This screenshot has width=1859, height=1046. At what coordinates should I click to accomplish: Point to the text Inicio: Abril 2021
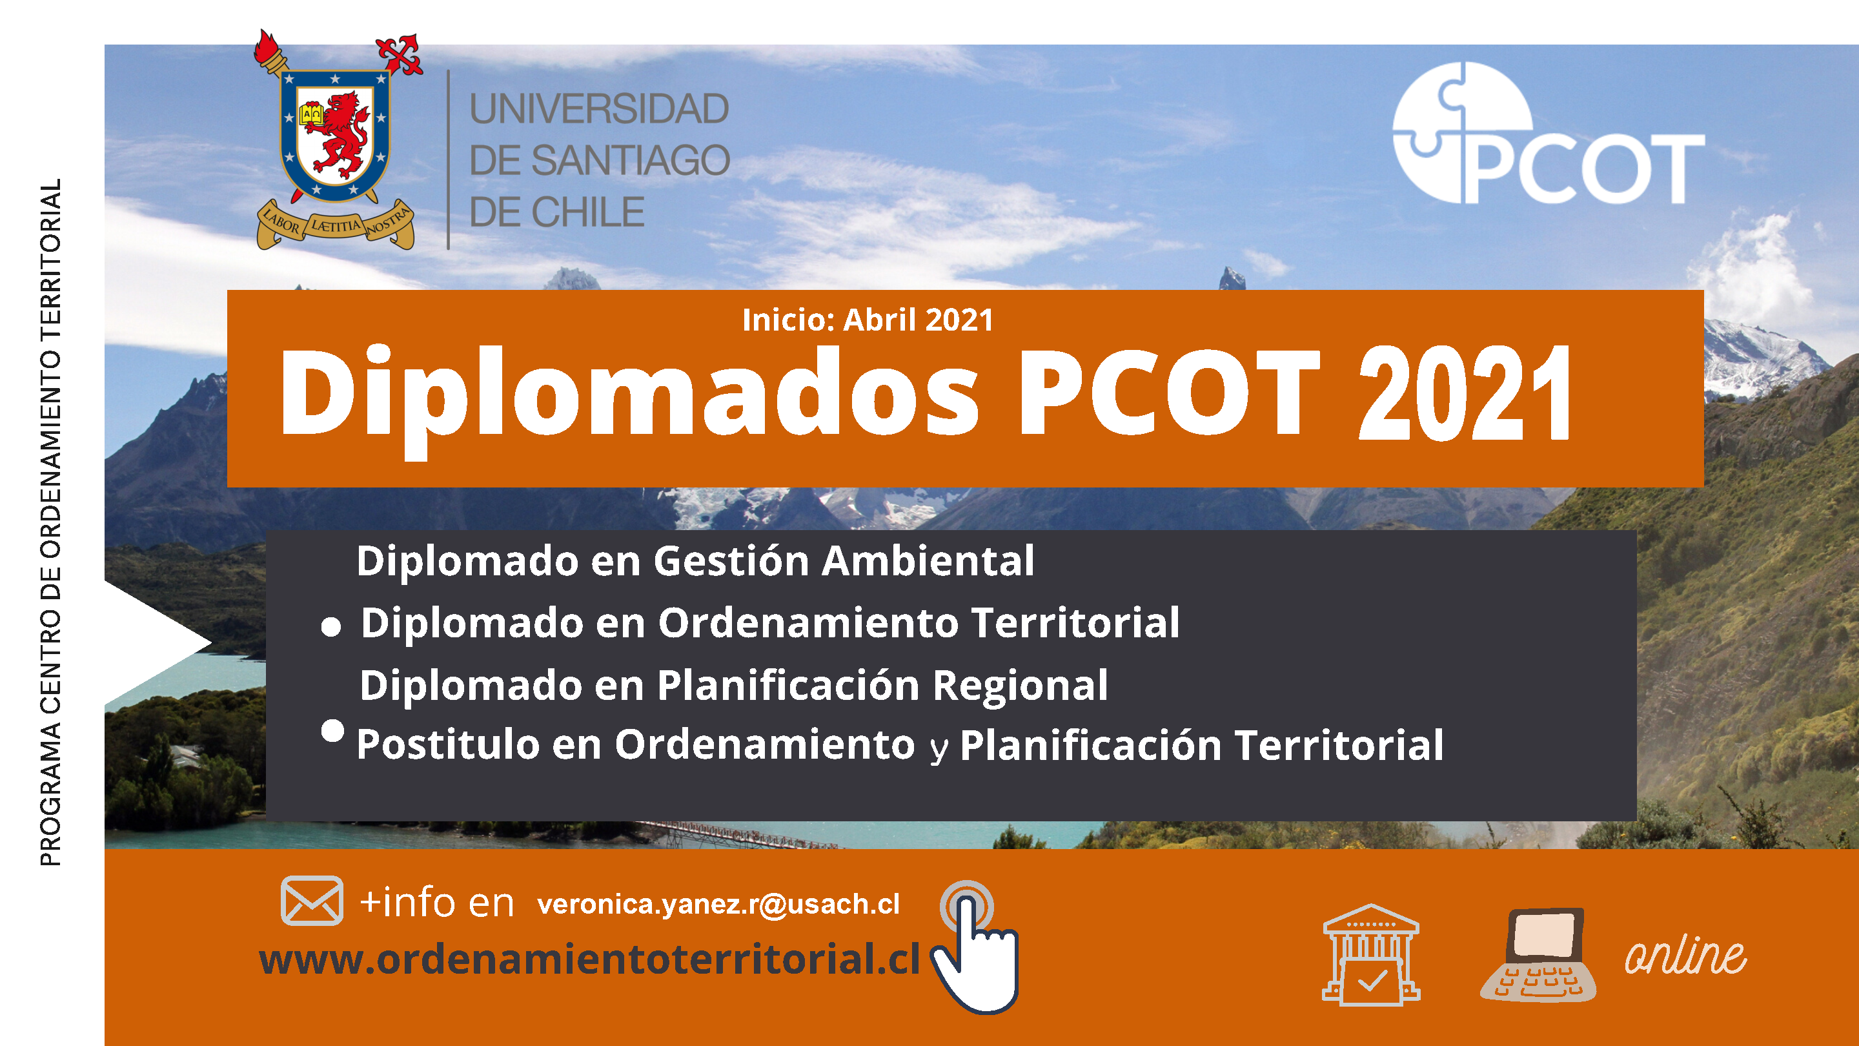(868, 320)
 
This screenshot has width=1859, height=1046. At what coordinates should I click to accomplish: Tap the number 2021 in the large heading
(1465, 393)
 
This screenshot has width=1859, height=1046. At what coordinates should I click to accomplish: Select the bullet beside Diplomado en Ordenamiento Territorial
(331, 626)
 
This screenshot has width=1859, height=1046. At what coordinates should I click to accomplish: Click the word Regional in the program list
(1020, 685)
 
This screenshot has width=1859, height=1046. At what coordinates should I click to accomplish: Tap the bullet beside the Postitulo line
(332, 730)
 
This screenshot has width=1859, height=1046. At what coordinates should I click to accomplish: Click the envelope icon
(312, 900)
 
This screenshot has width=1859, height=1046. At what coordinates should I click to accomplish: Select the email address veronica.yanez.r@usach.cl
(718, 905)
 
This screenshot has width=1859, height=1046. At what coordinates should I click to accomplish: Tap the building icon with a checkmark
(1370, 954)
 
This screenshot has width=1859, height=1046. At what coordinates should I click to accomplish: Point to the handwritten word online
(1685, 956)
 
